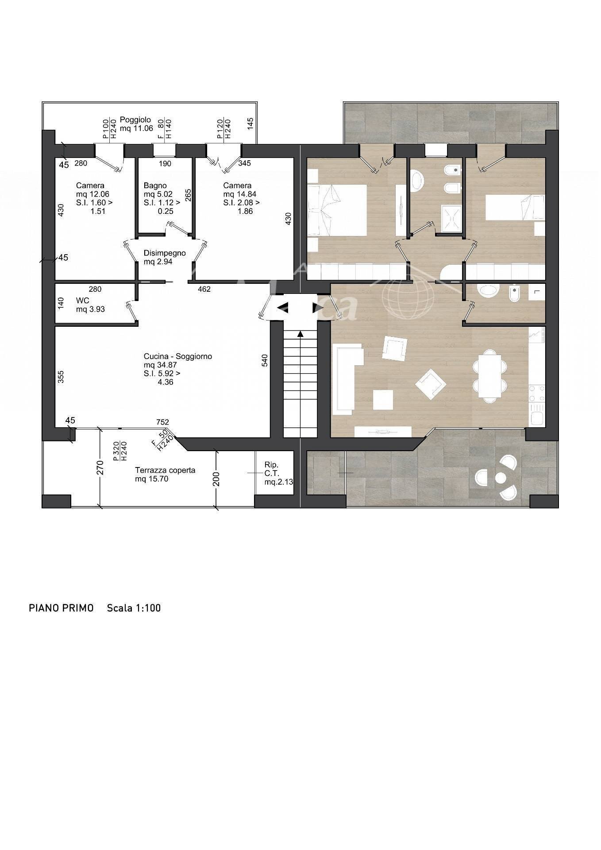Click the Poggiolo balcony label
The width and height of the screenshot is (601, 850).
(x=136, y=124)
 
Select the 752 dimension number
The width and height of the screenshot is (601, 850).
(x=162, y=422)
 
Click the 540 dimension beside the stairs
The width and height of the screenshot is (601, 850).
(x=265, y=360)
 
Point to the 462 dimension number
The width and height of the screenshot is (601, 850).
(x=204, y=289)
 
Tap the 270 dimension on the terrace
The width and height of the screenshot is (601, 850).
(x=100, y=468)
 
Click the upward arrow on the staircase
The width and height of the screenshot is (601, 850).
(x=300, y=334)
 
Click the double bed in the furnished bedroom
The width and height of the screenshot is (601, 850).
(x=337, y=210)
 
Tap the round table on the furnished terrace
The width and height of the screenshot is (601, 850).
(x=501, y=478)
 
